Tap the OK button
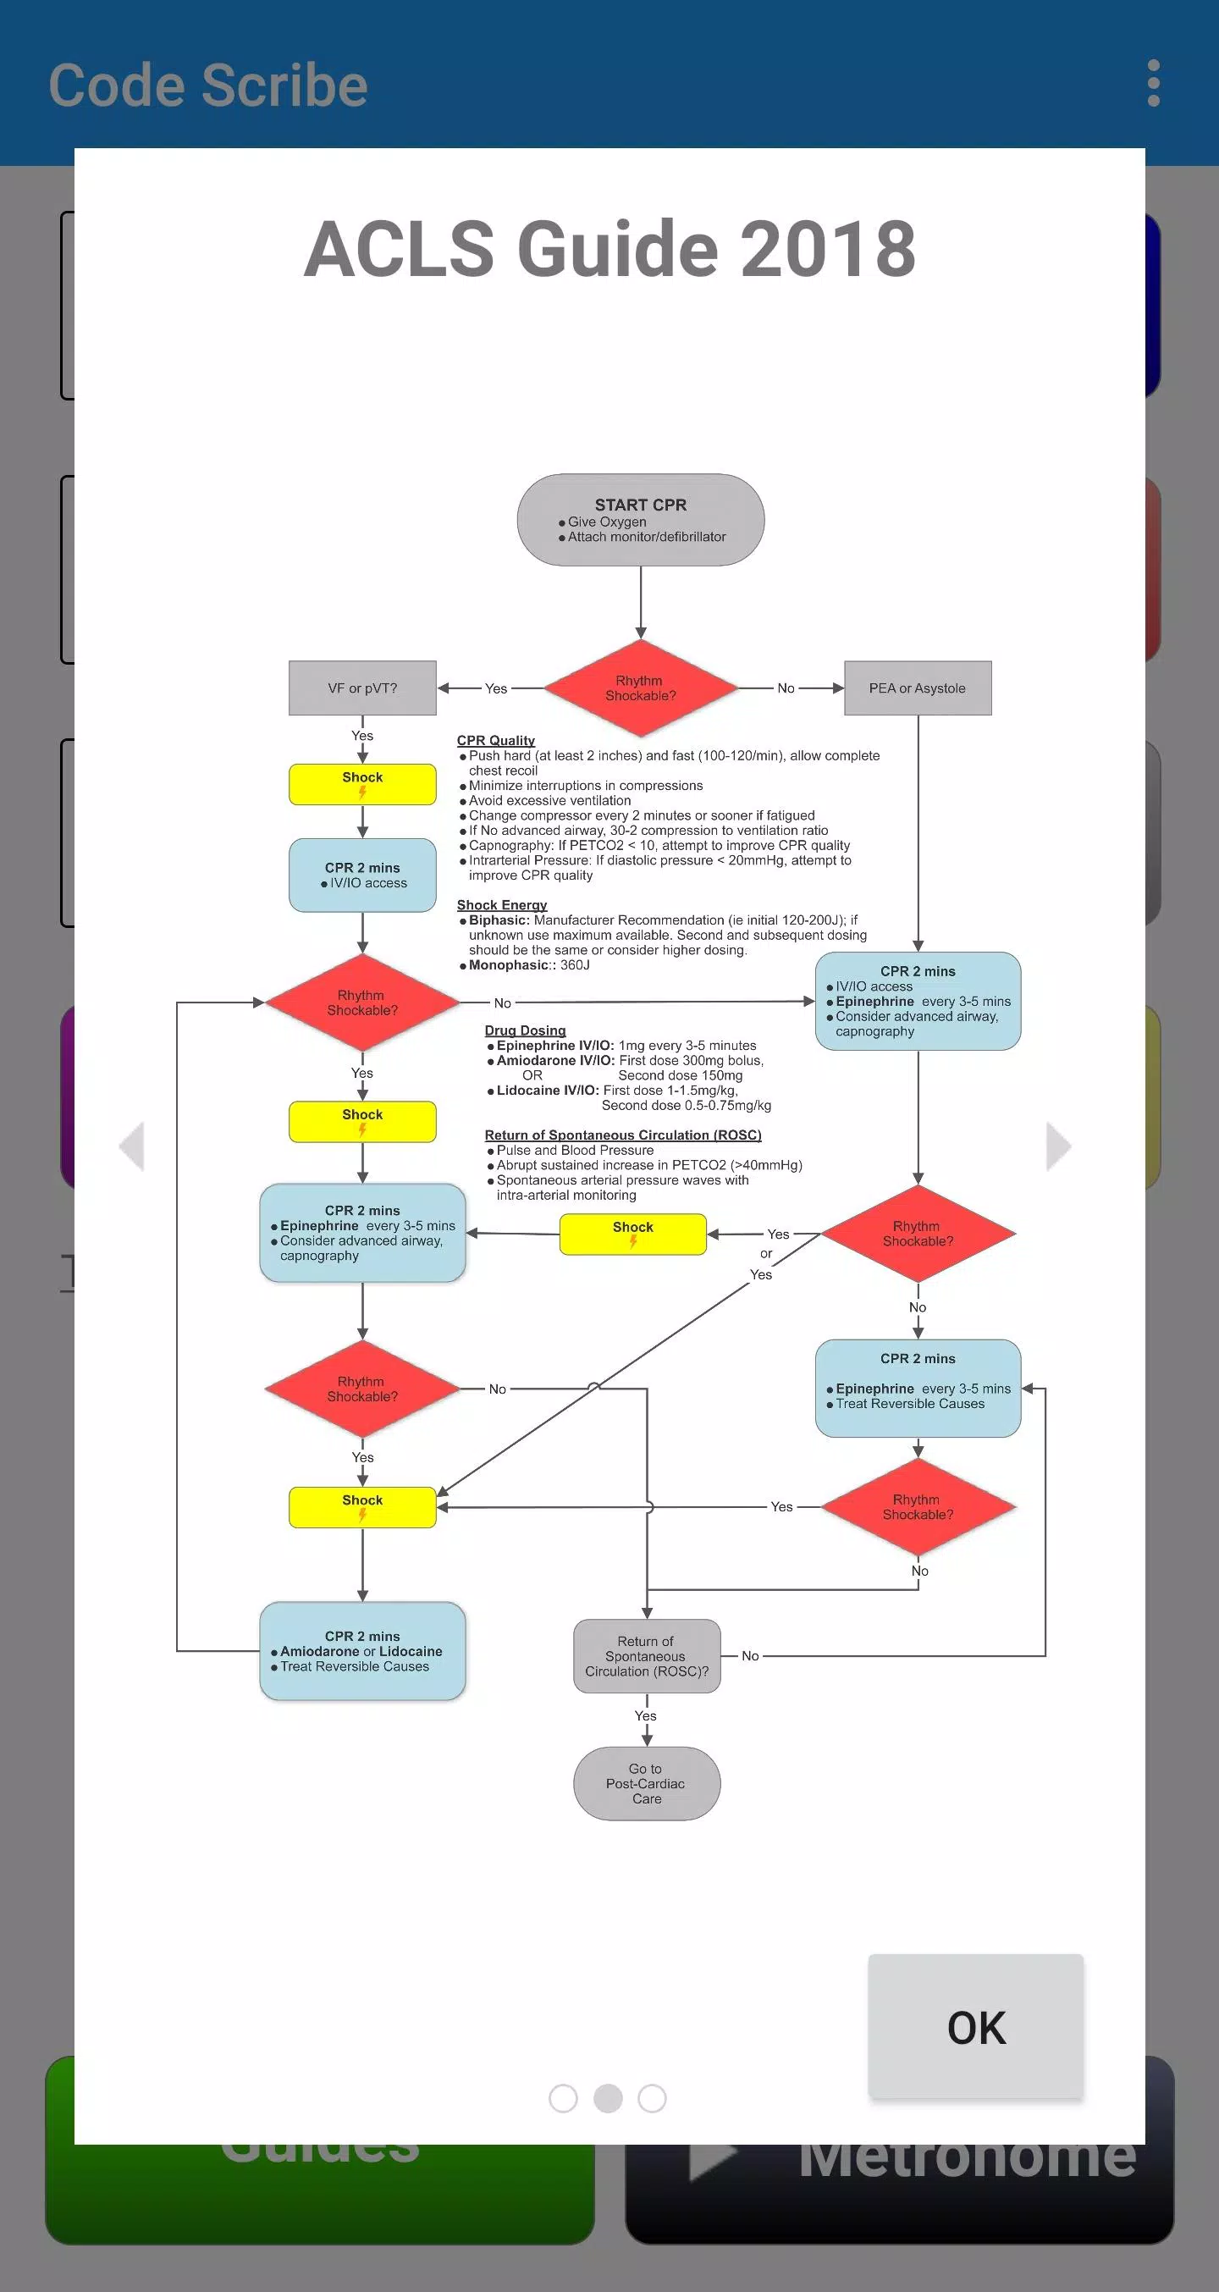pyautogui.click(x=975, y=2026)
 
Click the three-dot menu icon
pyautogui.click(x=1153, y=83)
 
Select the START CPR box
pyautogui.click(x=641, y=520)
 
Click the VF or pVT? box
pyautogui.click(x=362, y=688)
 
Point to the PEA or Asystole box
pyautogui.click(x=918, y=688)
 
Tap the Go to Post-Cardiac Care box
pyautogui.click(x=647, y=1783)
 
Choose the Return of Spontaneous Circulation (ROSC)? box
pyautogui.click(x=647, y=1656)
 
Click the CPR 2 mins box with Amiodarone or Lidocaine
pyautogui.click(x=362, y=1651)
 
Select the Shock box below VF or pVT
pyautogui.click(x=362, y=784)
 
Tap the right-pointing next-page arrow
pyautogui.click(x=1058, y=1146)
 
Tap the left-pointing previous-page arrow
pyautogui.click(x=132, y=1146)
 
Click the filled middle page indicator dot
pyautogui.click(x=608, y=2098)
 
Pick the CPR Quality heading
pyautogui.click(x=495, y=740)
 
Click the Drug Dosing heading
pyautogui.click(x=525, y=1030)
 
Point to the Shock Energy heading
pyautogui.click(x=502, y=905)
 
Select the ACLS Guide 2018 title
pyautogui.click(x=609, y=248)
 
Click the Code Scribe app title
pyautogui.click(x=208, y=86)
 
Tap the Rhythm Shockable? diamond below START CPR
pyautogui.click(x=641, y=688)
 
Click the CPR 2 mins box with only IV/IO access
pyautogui.click(x=362, y=875)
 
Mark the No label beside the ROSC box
pyautogui.click(x=750, y=1656)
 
